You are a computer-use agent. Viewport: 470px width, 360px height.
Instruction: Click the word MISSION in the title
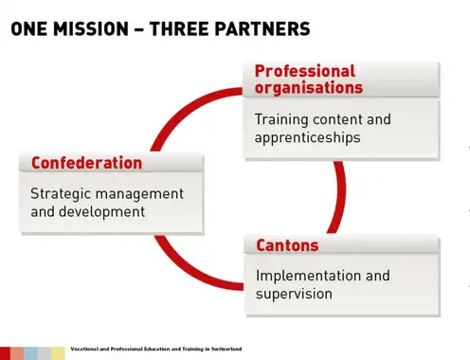coord(91,28)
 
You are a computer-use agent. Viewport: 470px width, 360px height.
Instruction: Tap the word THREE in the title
coord(177,28)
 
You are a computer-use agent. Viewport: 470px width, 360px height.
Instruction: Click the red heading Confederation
coord(86,163)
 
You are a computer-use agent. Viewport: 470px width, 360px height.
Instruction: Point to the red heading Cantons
coord(287,245)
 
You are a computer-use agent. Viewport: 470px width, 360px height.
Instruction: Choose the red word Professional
coord(305,71)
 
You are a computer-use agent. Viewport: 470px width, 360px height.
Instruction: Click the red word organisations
coord(309,87)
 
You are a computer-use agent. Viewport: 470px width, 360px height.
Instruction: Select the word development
coord(101,211)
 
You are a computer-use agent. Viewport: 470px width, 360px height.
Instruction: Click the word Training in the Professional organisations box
coord(281,120)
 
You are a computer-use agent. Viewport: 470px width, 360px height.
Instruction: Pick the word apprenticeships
coord(307,138)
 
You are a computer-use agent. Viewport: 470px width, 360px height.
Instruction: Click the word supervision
coord(294,295)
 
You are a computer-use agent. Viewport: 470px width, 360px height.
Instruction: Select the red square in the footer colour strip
coord(5,353)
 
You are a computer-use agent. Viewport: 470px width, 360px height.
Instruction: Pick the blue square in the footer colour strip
coord(31,353)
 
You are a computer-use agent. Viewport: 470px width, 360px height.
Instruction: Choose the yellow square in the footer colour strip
coord(58,353)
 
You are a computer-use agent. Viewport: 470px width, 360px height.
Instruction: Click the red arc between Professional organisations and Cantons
coord(339,197)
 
